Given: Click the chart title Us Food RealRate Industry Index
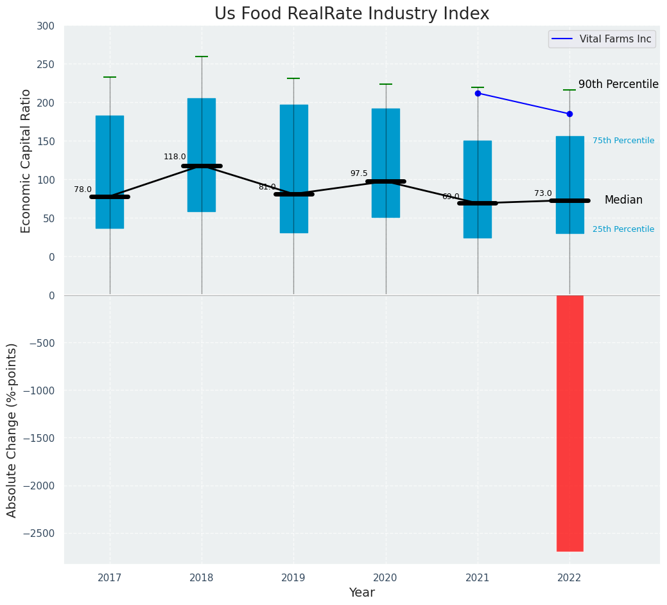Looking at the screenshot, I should coord(352,14).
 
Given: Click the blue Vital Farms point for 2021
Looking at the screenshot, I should coord(478,93).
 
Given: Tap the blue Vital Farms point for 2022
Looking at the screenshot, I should coord(569,114).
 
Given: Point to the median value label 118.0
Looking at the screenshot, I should coord(175,157).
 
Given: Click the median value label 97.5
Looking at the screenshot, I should coord(359,173).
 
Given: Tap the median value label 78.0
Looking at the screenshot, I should coord(83,189).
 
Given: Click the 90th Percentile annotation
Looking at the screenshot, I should coord(618,85).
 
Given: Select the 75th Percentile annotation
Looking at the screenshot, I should coord(623,141).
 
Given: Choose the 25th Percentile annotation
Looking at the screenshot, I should coord(623,229).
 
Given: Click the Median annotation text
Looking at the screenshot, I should coord(623,200).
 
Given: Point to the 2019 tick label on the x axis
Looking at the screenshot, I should coord(294,578).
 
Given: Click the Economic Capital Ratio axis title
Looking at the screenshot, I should coord(26,161).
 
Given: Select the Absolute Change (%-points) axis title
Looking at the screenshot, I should coord(12,430).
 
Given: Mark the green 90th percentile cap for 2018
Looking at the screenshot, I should coord(202,57).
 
